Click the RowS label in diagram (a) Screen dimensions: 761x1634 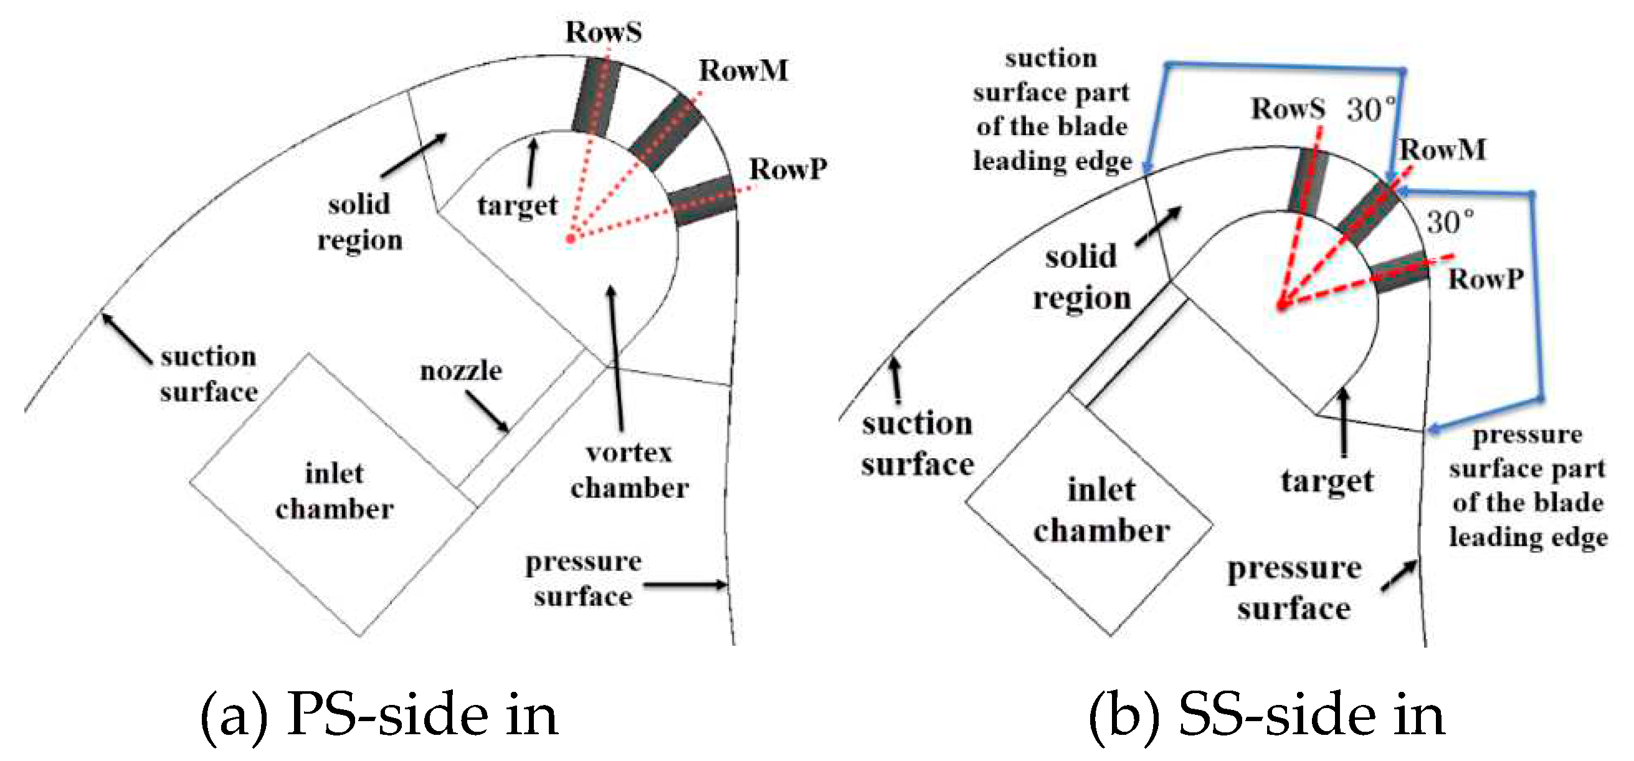tap(603, 32)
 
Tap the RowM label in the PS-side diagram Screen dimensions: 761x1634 tap(743, 70)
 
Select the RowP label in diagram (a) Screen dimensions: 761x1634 tap(788, 169)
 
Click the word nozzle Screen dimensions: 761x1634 tap(460, 371)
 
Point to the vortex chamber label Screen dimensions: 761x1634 tap(629, 470)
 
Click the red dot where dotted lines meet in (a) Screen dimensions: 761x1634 tap(571, 239)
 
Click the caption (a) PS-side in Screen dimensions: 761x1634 tap(379, 716)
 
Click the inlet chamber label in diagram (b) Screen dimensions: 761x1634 tap(1101, 510)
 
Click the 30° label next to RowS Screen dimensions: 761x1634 tap(1370, 109)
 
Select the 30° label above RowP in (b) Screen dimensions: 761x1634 tap(1450, 222)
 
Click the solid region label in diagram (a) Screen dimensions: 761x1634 tap(359, 222)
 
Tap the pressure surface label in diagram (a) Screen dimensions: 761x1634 tap(583, 579)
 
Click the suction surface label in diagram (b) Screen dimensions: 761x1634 tap(916, 443)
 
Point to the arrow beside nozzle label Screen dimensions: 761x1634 tap(487, 411)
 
